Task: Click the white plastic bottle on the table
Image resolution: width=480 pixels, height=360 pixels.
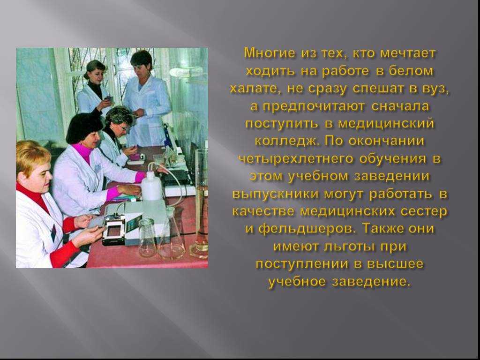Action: [151, 186]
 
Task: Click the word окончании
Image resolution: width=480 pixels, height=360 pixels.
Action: [387, 142]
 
